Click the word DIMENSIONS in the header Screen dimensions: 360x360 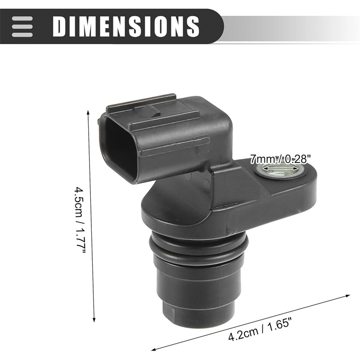coord(126,26)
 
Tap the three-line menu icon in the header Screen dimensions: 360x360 coord(22,27)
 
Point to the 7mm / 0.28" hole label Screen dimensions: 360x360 coord(280,159)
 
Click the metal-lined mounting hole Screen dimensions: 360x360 coord(279,171)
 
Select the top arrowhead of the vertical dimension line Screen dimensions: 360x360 coord(88,113)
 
